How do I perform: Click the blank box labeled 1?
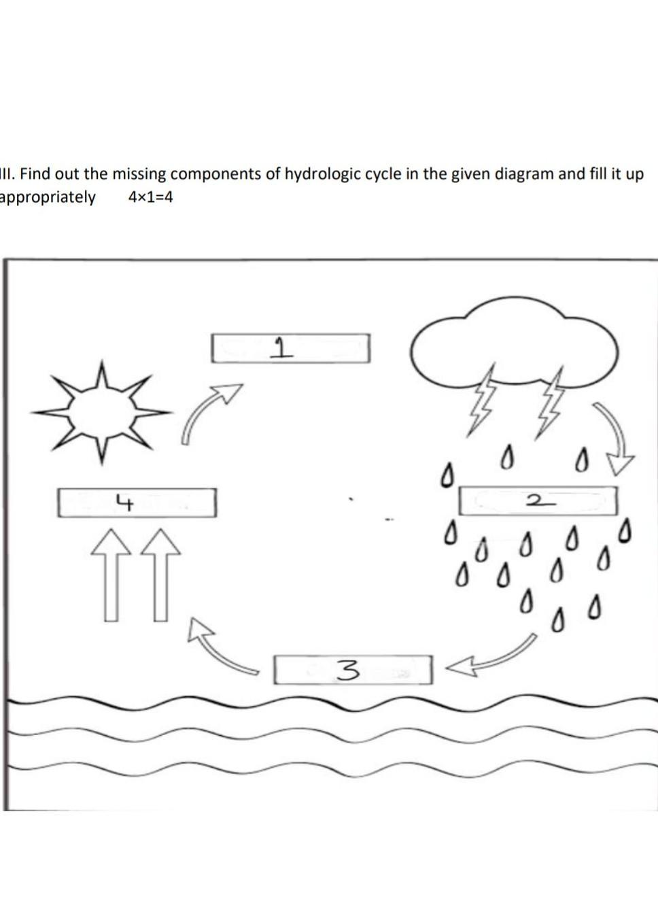tap(291, 348)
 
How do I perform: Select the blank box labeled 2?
tap(538, 500)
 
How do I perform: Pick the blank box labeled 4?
tap(137, 503)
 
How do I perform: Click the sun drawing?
tap(101, 411)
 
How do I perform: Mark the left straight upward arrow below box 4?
tap(111, 575)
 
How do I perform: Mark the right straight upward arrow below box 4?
tap(161, 575)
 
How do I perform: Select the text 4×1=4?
tap(150, 197)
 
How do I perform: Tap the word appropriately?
tap(47, 198)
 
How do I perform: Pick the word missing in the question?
tap(139, 175)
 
